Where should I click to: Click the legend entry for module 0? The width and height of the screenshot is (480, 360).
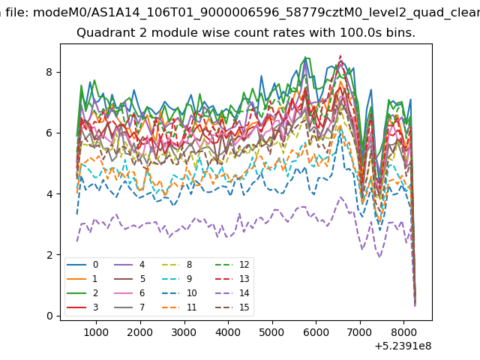tap(82, 265)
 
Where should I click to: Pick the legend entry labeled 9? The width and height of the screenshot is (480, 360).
tap(177, 278)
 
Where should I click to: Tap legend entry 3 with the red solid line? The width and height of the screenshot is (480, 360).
tap(82, 307)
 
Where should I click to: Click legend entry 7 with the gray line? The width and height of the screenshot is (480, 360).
tap(129, 307)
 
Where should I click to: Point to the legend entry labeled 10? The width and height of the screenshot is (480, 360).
tap(178, 293)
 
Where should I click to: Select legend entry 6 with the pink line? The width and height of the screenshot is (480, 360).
tap(129, 293)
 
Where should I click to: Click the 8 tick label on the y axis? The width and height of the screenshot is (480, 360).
tap(49, 72)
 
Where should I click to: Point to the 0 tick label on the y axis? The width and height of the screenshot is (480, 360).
tap(49, 316)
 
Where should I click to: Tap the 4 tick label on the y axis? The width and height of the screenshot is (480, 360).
tap(49, 194)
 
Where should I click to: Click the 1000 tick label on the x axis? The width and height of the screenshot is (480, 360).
tap(96, 332)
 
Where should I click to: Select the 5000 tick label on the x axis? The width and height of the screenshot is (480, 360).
tap(271, 332)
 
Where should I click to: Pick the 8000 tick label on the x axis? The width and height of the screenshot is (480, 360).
tap(403, 332)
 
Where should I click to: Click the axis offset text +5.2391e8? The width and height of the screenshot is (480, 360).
tap(403, 346)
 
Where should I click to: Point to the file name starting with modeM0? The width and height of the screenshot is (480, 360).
tap(256, 13)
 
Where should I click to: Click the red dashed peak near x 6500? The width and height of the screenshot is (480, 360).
tap(340, 55)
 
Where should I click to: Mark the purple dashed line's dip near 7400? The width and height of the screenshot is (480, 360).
tap(379, 256)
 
